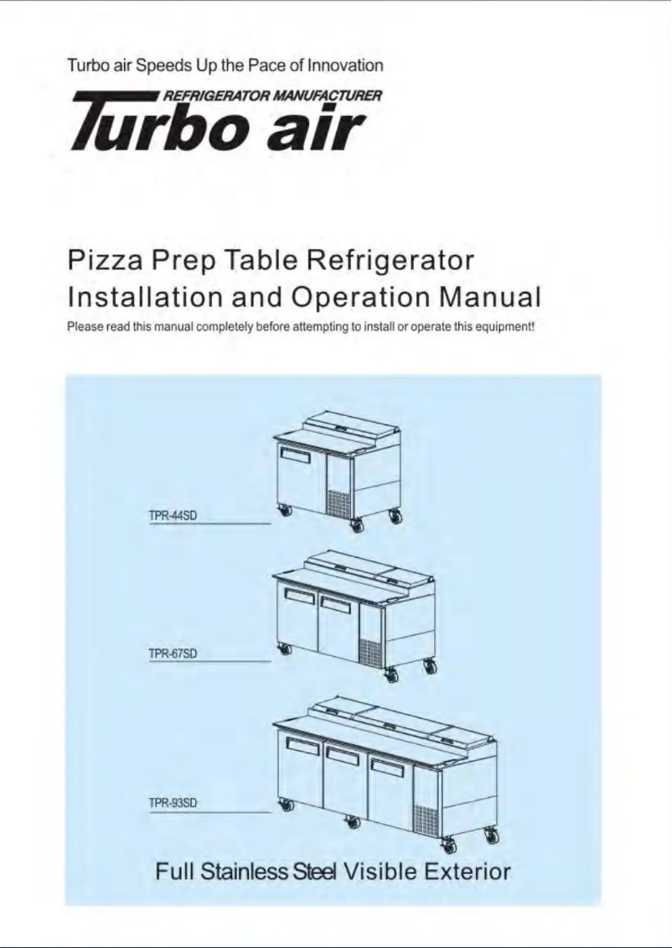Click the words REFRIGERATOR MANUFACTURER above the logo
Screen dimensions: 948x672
[272, 95]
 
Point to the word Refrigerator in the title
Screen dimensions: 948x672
[391, 260]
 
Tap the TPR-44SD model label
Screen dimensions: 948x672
[173, 515]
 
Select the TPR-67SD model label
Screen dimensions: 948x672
[173, 654]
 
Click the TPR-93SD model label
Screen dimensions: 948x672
[173, 804]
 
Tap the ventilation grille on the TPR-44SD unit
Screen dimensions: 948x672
[339, 503]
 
